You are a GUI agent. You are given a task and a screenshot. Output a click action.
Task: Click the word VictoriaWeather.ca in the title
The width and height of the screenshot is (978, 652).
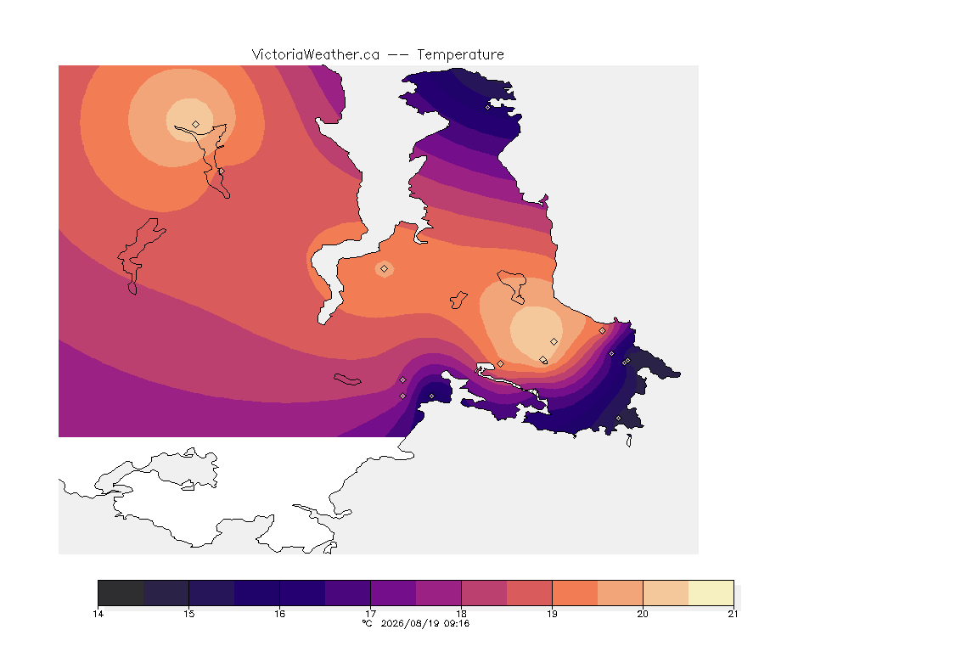pyautogui.click(x=316, y=54)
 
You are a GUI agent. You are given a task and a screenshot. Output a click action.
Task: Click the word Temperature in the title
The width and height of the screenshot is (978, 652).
pyautogui.click(x=460, y=54)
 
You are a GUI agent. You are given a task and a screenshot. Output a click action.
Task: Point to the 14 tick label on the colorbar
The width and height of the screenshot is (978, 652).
pyautogui.click(x=98, y=614)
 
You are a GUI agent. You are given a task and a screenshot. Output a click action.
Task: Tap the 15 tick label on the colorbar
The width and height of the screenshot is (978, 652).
pyautogui.click(x=189, y=614)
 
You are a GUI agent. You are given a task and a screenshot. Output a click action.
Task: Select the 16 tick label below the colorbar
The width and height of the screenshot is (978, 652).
pyautogui.click(x=279, y=614)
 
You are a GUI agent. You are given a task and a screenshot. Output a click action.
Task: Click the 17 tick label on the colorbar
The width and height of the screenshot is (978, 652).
pyautogui.click(x=370, y=614)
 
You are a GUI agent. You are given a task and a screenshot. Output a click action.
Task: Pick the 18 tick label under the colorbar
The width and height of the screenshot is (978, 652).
pyautogui.click(x=462, y=614)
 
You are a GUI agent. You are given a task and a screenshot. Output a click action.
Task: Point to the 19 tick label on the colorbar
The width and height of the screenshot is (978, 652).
pyautogui.click(x=552, y=614)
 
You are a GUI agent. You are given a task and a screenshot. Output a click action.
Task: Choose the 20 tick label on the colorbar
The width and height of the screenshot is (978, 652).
pyautogui.click(x=643, y=614)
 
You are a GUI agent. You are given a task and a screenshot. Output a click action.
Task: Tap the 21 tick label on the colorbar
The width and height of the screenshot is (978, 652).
pyautogui.click(x=733, y=614)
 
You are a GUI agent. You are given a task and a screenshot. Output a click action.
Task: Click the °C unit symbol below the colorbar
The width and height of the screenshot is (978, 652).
pyautogui.click(x=367, y=623)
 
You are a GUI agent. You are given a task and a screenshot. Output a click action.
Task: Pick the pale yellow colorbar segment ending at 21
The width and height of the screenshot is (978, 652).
pyautogui.click(x=711, y=593)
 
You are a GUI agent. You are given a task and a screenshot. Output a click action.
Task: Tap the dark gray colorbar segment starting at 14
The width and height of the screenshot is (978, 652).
pyautogui.click(x=121, y=593)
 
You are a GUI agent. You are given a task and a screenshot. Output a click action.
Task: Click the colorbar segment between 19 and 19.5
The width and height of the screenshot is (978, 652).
pyautogui.click(x=575, y=593)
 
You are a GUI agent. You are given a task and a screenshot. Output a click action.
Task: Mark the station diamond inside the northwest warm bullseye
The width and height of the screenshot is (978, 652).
pyautogui.click(x=196, y=124)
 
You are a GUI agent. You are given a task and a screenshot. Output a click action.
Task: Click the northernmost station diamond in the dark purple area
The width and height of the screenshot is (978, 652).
pyautogui.click(x=488, y=107)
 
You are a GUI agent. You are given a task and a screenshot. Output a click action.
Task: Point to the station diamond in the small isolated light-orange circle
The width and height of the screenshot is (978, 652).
pyautogui.click(x=385, y=269)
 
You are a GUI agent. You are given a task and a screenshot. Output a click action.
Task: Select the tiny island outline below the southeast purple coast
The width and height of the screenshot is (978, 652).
pyautogui.click(x=629, y=441)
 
